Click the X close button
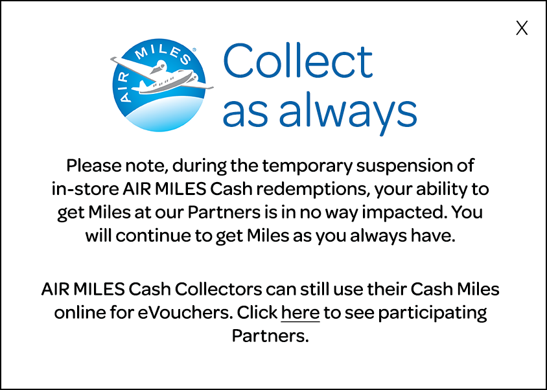pos(522,29)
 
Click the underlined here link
pos(300,312)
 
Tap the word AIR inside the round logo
pos(124,88)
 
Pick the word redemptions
pos(313,189)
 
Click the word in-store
pos(85,189)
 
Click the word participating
pos(432,312)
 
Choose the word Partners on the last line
pos(270,336)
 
